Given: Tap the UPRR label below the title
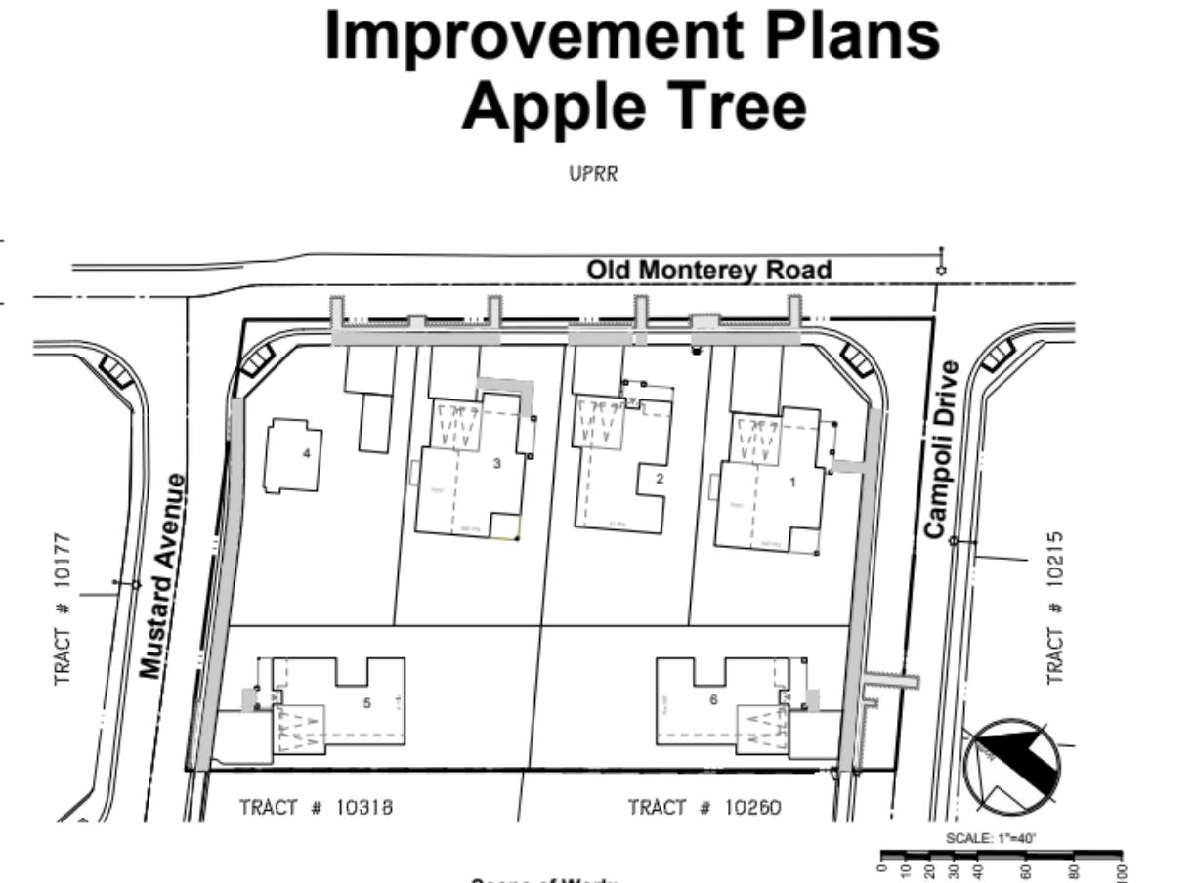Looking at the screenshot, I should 594,175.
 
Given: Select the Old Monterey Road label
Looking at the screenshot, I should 708,270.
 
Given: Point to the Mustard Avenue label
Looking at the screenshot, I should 162,576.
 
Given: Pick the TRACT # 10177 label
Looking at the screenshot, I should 64,609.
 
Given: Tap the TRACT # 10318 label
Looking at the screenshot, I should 316,808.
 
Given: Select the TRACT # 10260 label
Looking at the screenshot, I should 704,808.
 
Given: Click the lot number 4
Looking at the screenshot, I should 307,453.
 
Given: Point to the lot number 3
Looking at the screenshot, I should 496,463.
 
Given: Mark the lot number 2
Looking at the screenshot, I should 660,479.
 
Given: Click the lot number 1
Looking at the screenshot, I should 792,482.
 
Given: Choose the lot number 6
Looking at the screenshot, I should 713,699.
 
